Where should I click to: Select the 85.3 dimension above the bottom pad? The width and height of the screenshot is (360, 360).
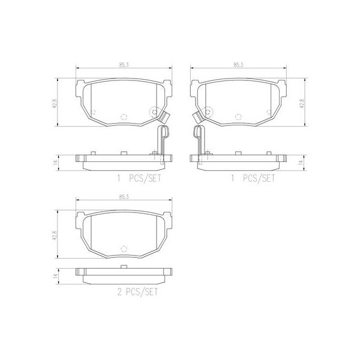coord(124,197)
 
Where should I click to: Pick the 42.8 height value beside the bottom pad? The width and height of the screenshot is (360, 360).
coord(54,233)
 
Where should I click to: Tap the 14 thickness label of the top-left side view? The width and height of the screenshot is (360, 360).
coord(54,160)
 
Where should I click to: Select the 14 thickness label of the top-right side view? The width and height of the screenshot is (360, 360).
coord(302,160)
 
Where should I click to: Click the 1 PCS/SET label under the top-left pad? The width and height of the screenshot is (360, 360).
coord(139,178)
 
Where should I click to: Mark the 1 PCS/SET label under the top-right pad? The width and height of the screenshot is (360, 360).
coord(253,178)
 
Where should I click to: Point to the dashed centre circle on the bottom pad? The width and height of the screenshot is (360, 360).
coord(124,248)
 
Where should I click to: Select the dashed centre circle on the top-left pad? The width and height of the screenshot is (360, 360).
coord(124,118)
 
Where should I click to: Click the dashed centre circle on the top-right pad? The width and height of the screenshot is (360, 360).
coord(238,118)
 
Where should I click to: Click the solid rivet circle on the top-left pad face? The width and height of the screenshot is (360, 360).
coord(154,112)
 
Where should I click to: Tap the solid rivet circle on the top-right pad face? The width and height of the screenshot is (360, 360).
coord(207,112)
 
